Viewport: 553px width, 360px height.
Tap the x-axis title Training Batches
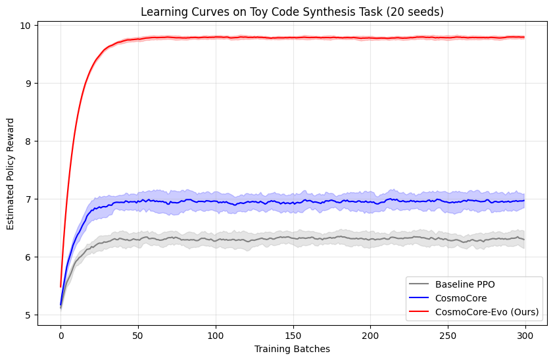292,349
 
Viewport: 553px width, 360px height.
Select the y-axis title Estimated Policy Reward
11,173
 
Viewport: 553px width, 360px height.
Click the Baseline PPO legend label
464,285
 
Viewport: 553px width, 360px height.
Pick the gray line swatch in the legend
420,285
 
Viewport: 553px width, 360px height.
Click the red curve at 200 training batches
370,38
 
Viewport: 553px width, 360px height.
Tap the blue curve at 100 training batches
216,201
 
